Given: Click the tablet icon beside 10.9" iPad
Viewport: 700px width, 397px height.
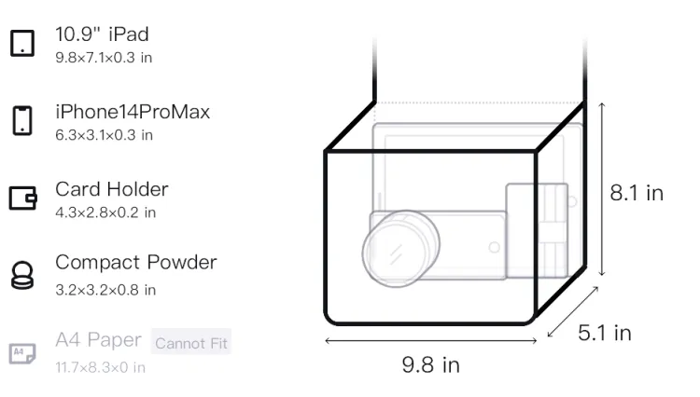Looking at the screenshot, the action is (x=22, y=43).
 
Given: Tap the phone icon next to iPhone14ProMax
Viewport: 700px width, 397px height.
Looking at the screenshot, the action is (x=22, y=120).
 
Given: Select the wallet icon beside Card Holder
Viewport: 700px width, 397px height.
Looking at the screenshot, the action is (x=22, y=198).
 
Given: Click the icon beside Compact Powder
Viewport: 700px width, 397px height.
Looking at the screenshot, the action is (x=22, y=275).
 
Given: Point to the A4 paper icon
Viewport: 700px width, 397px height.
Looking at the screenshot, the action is (x=22, y=353).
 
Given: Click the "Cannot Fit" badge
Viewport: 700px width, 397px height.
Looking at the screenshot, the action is (x=191, y=343).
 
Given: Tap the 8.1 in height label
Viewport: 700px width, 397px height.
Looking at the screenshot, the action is (x=637, y=193).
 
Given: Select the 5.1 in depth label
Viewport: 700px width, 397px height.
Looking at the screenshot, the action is (x=605, y=333).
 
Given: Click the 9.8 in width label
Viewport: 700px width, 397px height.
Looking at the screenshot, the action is (x=430, y=364).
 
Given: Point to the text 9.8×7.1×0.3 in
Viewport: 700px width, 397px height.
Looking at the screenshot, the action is (x=104, y=58).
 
